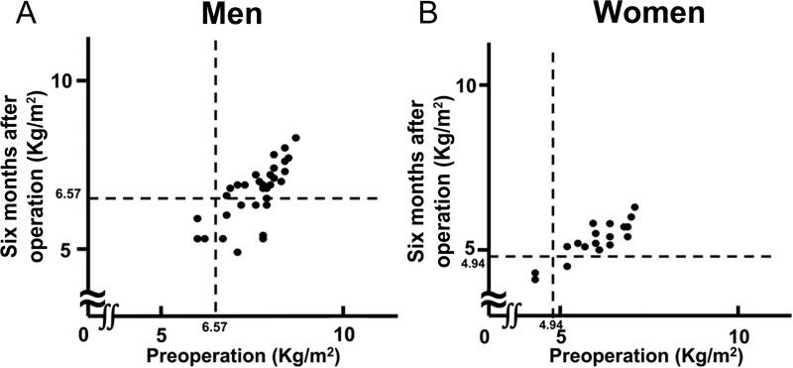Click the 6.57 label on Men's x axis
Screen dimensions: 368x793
[215, 326]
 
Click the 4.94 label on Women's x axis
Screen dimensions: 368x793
[551, 325]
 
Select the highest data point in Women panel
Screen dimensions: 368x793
[634, 207]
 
